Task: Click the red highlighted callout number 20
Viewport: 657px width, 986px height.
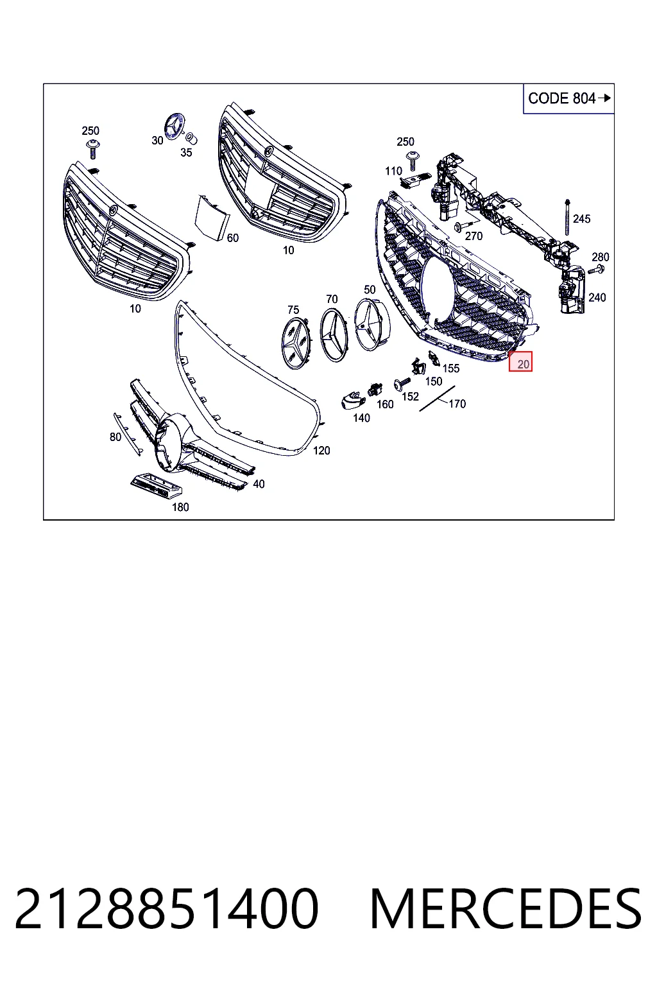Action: (x=520, y=362)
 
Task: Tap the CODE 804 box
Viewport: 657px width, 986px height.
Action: (x=568, y=99)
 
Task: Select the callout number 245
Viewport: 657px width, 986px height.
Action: (x=582, y=219)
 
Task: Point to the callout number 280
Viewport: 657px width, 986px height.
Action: (x=601, y=257)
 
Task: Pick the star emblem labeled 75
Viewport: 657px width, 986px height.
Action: (x=297, y=343)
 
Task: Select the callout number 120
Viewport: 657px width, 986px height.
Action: (x=321, y=451)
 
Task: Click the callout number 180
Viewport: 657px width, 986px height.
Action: (x=180, y=508)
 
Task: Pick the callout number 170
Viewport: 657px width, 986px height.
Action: (x=457, y=404)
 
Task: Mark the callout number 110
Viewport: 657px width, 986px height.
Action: (x=393, y=171)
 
